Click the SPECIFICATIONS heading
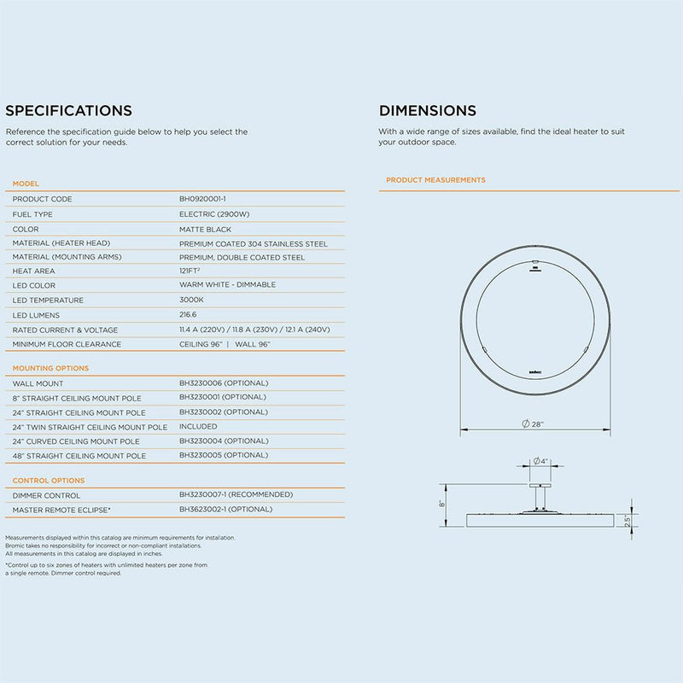point(68,110)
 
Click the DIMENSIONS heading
point(428,110)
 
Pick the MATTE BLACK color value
point(205,229)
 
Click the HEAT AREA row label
point(35,271)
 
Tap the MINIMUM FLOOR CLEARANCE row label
point(67,344)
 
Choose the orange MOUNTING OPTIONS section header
point(50,368)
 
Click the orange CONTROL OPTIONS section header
point(49,481)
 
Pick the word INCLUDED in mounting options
point(198,426)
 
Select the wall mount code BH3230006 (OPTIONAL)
point(224,383)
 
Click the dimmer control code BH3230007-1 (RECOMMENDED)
point(236,494)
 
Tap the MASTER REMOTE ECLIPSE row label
point(61,510)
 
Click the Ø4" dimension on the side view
point(539,461)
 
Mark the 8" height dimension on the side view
point(443,504)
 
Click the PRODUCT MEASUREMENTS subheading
point(435,180)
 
